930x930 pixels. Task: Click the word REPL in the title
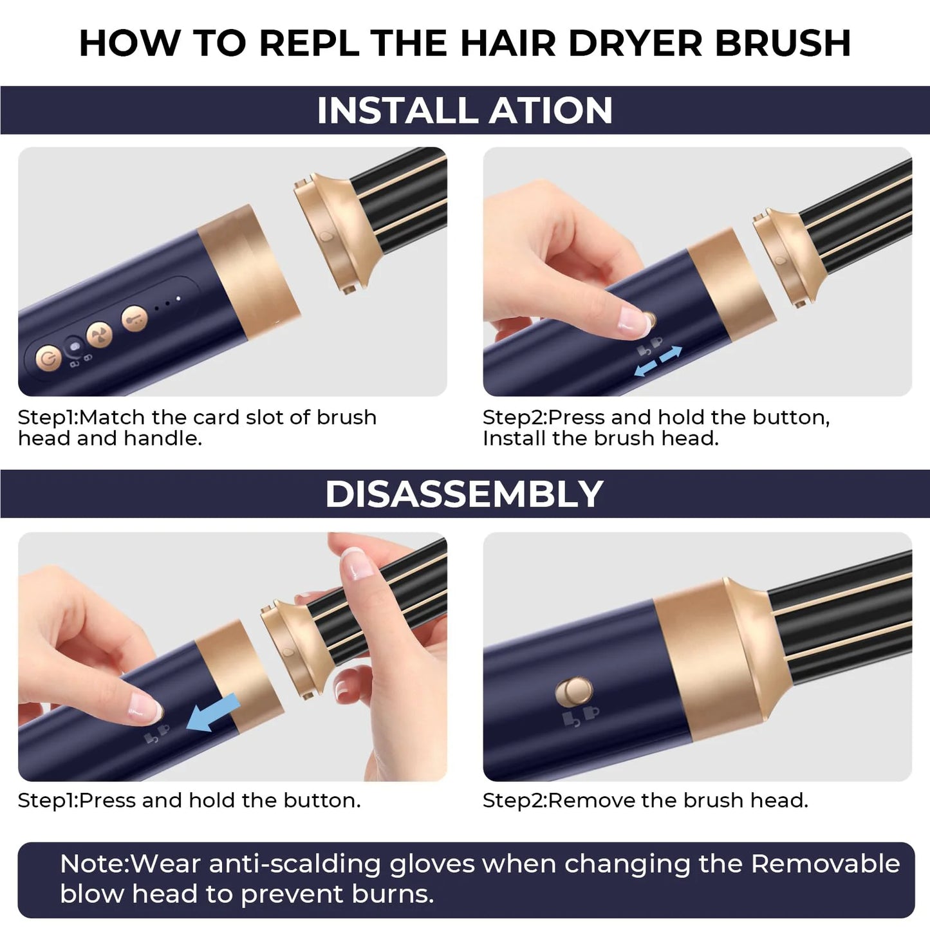pos(312,44)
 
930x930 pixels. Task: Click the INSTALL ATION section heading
pos(465,110)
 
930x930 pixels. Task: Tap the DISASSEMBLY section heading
pos(465,494)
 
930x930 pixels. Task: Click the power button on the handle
pos(49,358)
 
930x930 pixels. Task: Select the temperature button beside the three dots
pos(135,318)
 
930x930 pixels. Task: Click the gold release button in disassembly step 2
pos(573,692)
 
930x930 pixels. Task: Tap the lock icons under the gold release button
pos(581,716)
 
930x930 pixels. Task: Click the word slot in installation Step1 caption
pos(265,417)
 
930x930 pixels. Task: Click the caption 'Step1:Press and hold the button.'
pos(189,800)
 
